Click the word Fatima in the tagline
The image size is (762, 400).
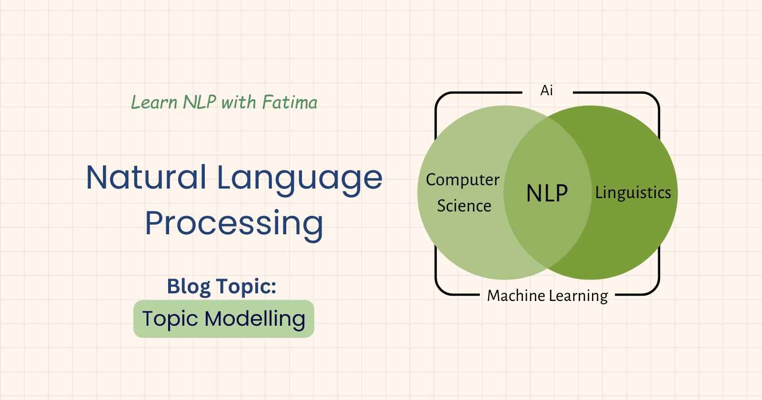coord(290,102)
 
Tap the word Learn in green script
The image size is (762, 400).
coord(154,102)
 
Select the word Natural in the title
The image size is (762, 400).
coord(146,177)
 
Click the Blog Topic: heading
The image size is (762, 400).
coord(221,286)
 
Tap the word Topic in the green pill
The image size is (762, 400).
coord(170,320)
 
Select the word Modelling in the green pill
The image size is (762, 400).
coord(255,320)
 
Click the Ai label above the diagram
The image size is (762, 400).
coord(547,90)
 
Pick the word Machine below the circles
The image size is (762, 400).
coord(516,296)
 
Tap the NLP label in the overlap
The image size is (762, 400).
coord(547,193)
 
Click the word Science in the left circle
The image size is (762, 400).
coord(464,206)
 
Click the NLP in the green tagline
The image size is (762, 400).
coord(200,102)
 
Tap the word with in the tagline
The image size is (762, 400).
coord(239,102)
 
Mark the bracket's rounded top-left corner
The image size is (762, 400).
coord(441,98)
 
